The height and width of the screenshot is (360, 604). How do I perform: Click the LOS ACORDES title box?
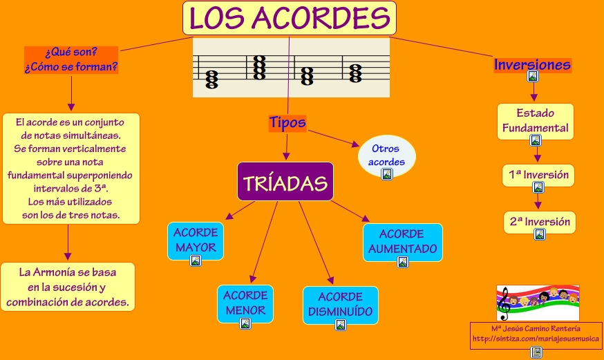pos(289,18)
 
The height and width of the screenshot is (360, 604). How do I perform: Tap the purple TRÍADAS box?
pos(285,182)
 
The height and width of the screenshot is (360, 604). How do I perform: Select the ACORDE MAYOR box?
pos(196,240)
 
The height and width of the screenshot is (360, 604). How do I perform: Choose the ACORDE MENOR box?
pos(245,303)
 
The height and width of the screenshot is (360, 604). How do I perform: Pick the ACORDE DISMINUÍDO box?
pos(340,305)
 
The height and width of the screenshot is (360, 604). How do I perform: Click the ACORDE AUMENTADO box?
pos(402,241)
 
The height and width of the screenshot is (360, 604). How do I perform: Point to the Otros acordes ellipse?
pos(387,155)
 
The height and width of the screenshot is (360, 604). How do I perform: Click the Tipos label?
pos(287,122)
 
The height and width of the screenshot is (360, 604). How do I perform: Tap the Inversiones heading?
pos(532,65)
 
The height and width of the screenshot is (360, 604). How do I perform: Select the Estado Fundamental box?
pos(535,121)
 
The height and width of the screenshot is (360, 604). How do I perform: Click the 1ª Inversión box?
pos(538,175)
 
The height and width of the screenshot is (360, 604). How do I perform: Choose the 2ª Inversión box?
pos(540,222)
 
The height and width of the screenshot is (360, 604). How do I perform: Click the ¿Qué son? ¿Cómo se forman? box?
pos(71,60)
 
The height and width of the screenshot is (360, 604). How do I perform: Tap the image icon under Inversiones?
pos(532,77)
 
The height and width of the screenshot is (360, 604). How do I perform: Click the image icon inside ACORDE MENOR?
pos(245,323)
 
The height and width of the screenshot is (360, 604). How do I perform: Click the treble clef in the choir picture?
pos(504,301)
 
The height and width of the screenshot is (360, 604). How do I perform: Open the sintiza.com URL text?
pos(536,339)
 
